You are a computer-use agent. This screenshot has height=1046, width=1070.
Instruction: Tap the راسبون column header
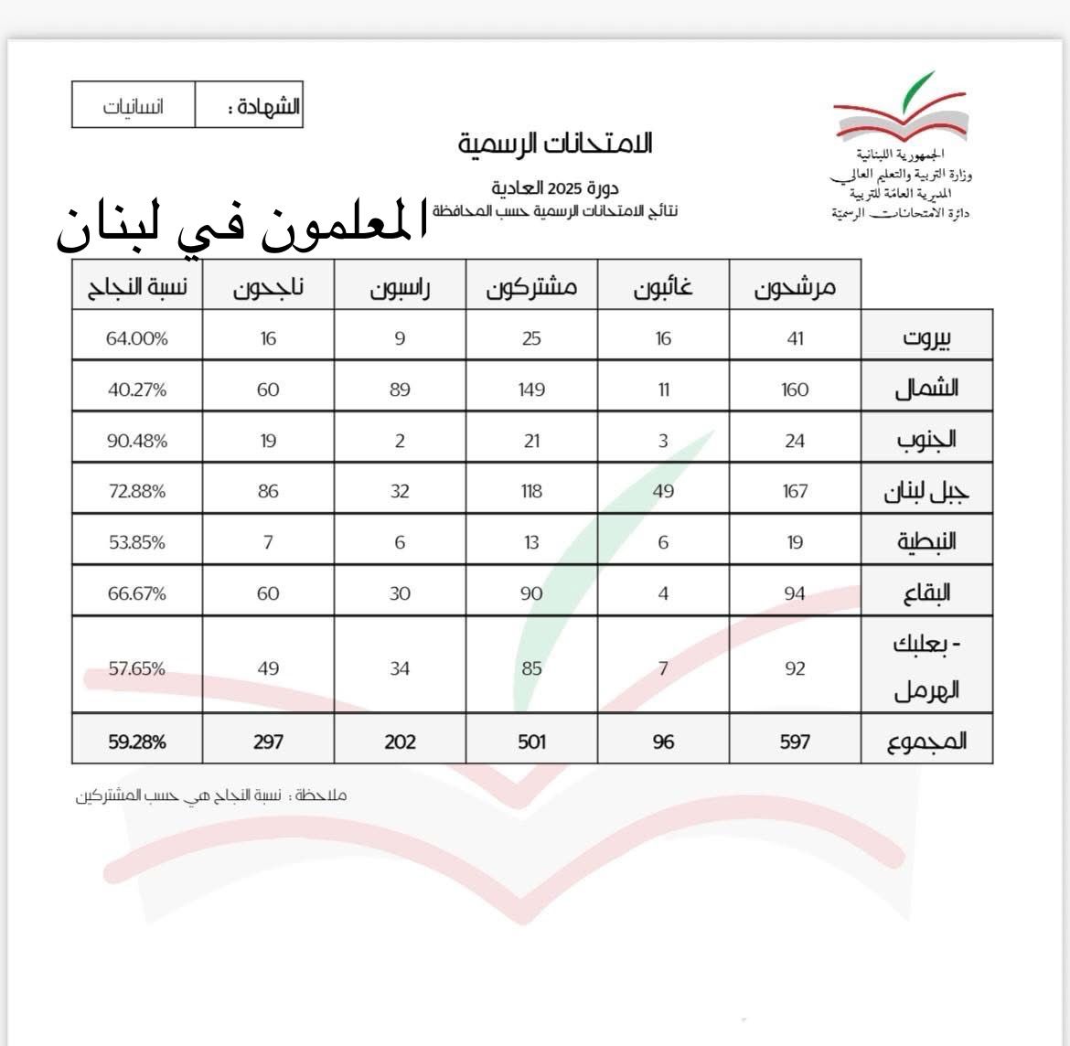(400, 288)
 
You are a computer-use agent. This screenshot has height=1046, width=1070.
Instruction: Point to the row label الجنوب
(926, 439)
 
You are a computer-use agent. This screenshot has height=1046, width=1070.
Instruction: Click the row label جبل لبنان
(926, 492)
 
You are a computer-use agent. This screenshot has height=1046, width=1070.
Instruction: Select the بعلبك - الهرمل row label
(926, 667)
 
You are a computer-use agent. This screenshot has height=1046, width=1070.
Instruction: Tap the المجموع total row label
(926, 741)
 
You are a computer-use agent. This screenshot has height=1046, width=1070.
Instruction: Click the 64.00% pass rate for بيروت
(137, 338)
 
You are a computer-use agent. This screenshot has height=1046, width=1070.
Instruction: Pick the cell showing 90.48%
(137, 441)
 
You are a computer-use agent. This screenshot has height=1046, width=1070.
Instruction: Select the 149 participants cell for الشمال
(531, 390)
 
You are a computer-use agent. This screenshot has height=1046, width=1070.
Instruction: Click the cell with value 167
(795, 492)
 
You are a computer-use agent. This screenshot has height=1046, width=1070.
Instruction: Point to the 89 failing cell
(400, 390)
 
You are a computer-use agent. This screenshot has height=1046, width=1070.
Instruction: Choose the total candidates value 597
(795, 742)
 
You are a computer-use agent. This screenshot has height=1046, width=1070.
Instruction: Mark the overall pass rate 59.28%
(137, 742)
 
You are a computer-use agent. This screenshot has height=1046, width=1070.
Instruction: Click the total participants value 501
(531, 742)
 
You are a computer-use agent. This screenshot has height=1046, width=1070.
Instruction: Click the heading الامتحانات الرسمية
(555, 143)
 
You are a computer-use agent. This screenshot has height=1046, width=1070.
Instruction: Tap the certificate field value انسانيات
(134, 106)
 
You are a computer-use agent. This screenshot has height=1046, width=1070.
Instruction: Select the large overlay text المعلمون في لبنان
(242, 229)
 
